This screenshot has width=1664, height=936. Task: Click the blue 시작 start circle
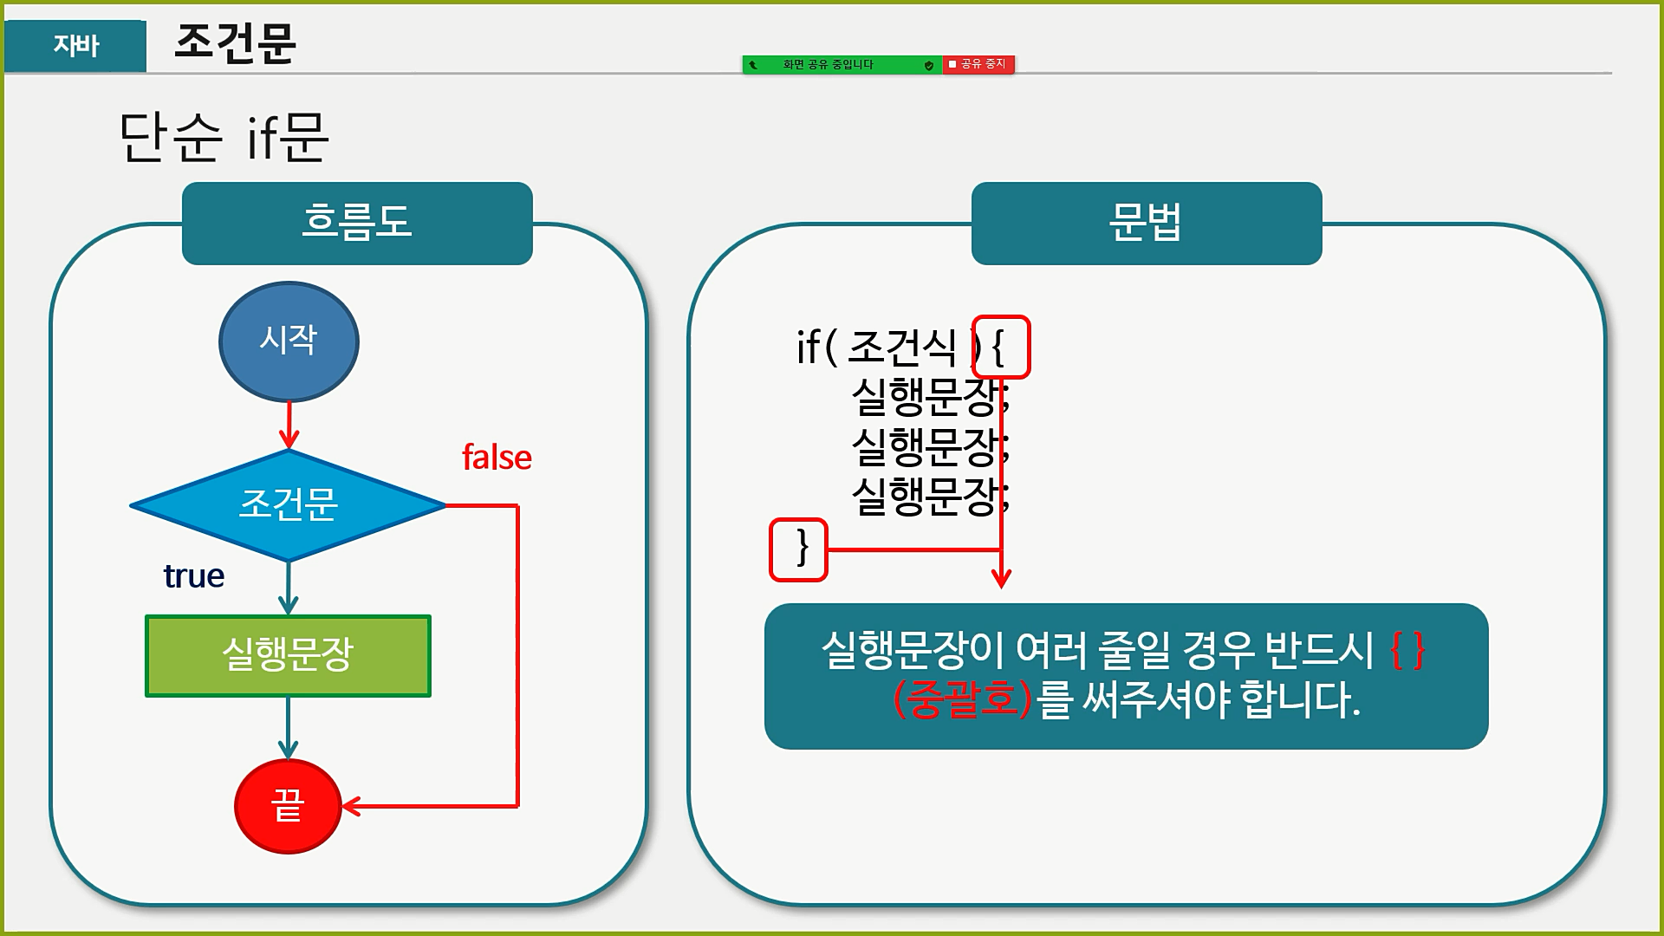point(289,341)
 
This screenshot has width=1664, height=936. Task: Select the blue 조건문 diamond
point(289,505)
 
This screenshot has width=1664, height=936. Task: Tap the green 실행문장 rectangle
point(288,656)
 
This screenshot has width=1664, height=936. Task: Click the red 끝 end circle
point(288,807)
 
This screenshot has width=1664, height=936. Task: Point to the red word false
point(497,458)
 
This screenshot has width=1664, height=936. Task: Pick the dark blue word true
point(194,576)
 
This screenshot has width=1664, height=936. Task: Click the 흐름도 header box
point(357,223)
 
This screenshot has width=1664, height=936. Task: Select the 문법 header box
point(1146,223)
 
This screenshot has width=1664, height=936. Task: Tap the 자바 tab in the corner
point(75,45)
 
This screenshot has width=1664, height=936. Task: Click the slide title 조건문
point(235,42)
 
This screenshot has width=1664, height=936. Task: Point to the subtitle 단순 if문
point(224,137)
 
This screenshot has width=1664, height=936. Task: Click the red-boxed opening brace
point(1001,348)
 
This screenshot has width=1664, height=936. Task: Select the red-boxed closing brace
point(799,549)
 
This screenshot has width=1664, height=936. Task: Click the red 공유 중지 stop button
point(978,64)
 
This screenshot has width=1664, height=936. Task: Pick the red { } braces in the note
point(1407,650)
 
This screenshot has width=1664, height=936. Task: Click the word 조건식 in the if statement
point(901,348)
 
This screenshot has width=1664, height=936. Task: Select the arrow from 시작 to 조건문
point(289,426)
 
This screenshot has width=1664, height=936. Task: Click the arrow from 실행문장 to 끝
point(288,728)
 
